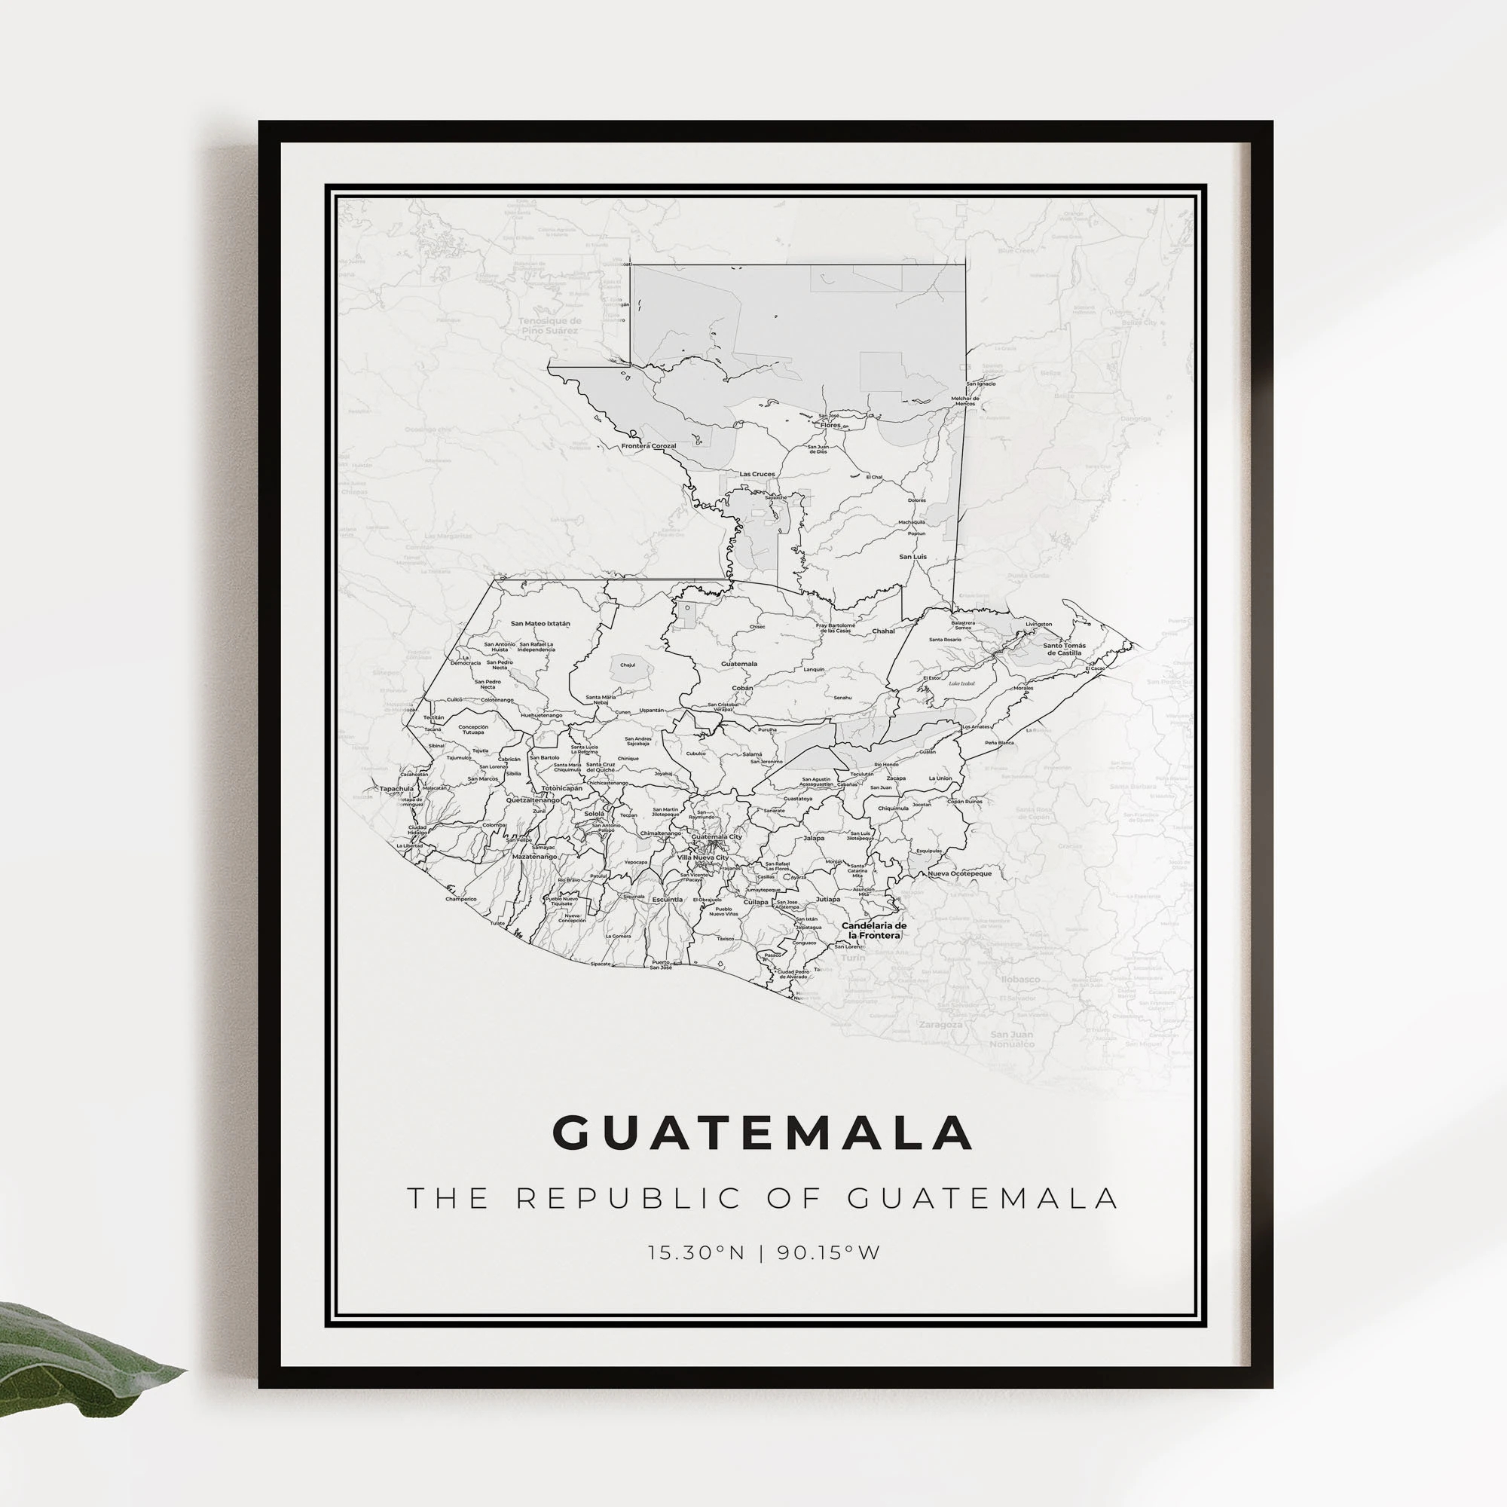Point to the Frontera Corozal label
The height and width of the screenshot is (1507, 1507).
[x=648, y=445]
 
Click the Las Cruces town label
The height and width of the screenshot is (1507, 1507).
[x=757, y=474]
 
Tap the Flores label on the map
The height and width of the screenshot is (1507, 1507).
[x=830, y=425]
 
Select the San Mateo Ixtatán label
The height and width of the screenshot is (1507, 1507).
[x=540, y=623]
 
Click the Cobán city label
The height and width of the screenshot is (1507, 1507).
[x=743, y=688]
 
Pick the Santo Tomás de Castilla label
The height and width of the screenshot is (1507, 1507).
[x=1064, y=649]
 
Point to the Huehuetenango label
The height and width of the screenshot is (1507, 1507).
[x=540, y=714]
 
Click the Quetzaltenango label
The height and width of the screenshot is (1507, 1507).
[x=533, y=800]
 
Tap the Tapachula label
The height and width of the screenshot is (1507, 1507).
[x=396, y=789]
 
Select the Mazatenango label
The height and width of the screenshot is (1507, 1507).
[x=534, y=857]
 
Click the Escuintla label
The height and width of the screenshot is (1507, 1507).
[x=668, y=899]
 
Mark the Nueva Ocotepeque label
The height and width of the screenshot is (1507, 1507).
[x=958, y=873]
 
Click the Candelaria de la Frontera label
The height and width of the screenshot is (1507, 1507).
[x=873, y=930]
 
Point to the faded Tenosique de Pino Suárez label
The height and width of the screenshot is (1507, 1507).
[x=550, y=326]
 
